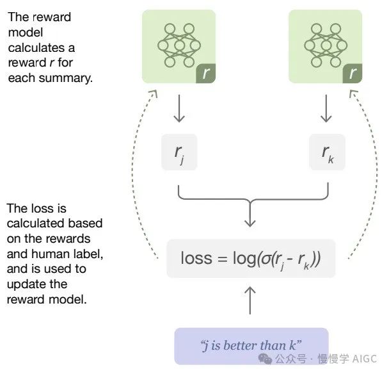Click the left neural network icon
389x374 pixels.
click(179, 45)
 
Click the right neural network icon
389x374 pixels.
click(326, 45)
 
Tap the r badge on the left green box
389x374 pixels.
click(205, 73)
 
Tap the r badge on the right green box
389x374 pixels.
click(353, 73)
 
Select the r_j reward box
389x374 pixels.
click(179, 152)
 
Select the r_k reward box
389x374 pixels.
click(327, 152)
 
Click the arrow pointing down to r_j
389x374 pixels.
click(179, 108)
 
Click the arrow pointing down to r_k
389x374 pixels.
click(326, 108)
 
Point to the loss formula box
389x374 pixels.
click(251, 258)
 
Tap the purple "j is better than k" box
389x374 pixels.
click(251, 346)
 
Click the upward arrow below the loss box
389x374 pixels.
click(250, 300)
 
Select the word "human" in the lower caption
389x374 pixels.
click(47, 254)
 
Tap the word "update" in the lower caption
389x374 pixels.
click(25, 284)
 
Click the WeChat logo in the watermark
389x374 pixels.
click(265, 359)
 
